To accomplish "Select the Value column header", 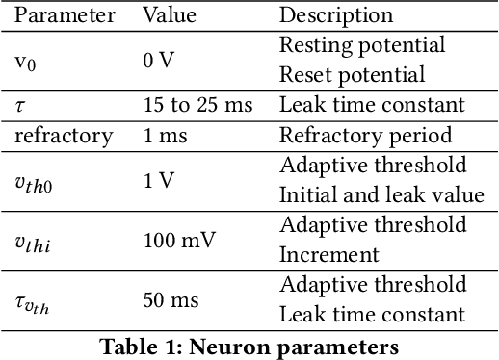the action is point(169,15).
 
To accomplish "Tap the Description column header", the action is point(335,15).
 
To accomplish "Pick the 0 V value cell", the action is point(158,60).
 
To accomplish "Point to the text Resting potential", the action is point(361,45).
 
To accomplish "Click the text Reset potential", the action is point(352,74).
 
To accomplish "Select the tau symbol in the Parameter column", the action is point(21,104).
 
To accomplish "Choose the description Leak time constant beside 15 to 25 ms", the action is point(372,104).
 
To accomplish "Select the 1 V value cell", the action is point(158,180).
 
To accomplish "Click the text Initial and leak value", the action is point(381,194).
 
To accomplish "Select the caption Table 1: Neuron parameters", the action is point(249,345).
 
